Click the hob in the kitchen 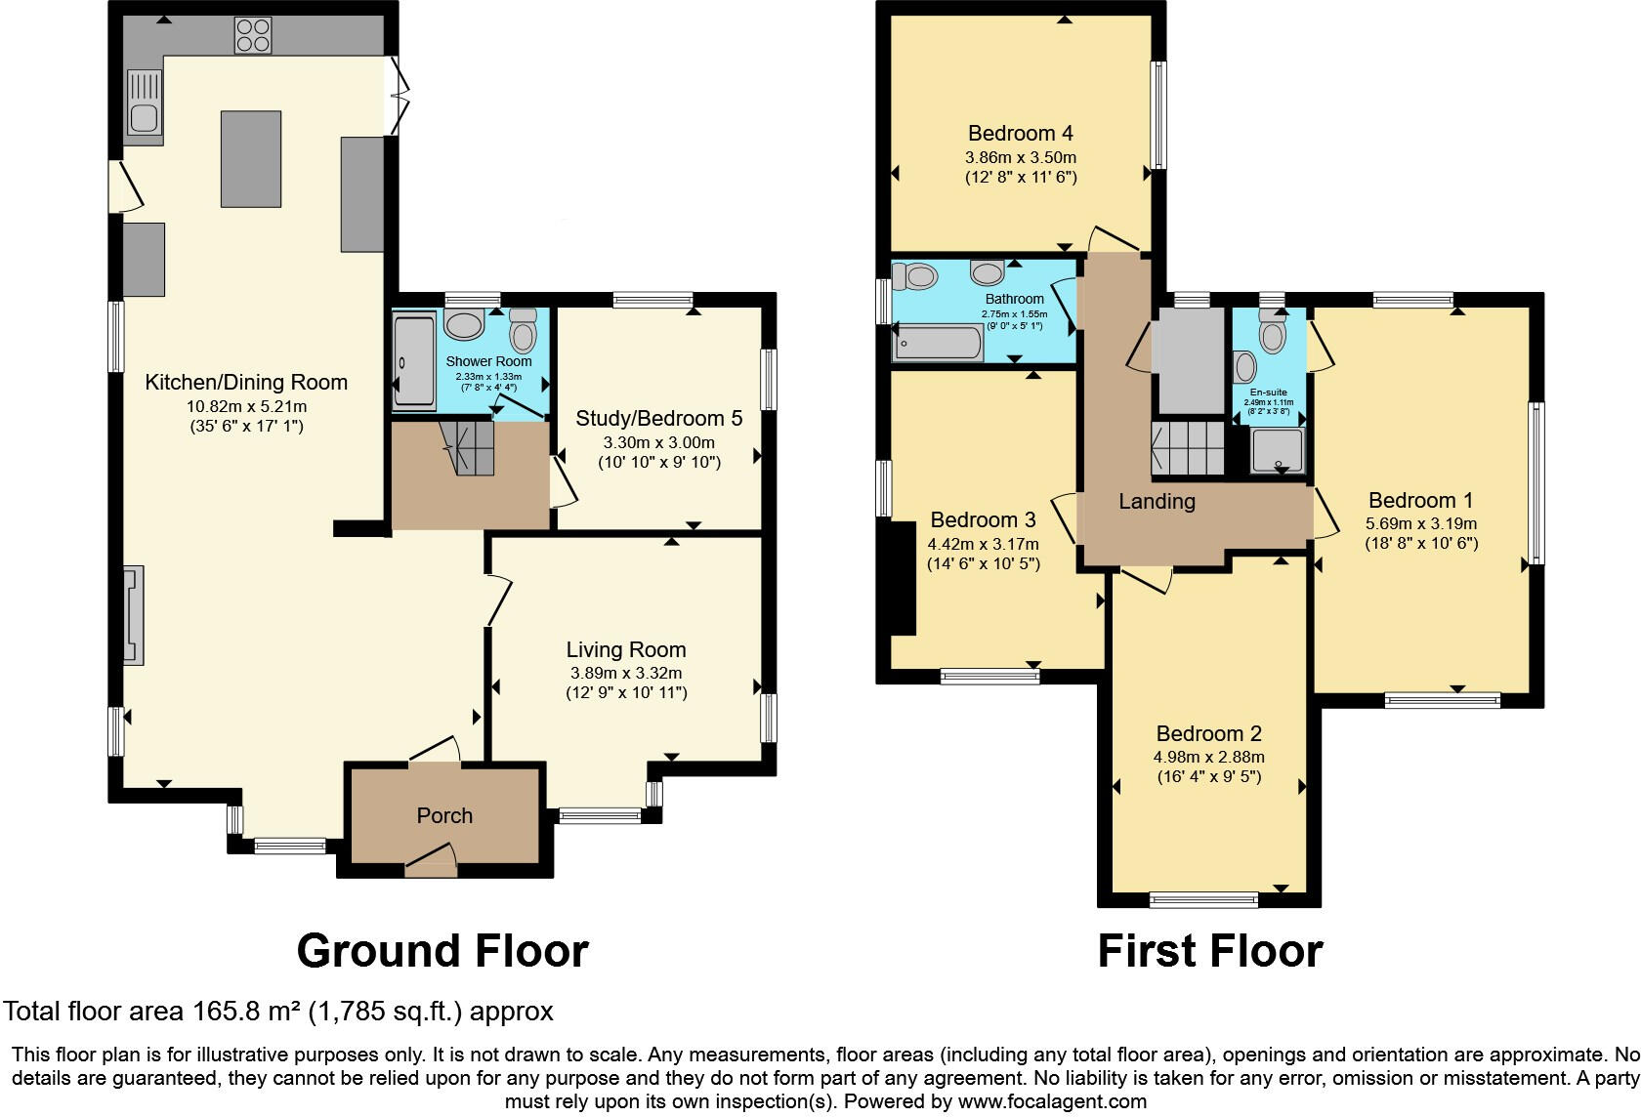pos(252,36)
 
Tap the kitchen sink pos(145,102)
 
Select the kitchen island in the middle pos(251,158)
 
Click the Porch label pos(444,815)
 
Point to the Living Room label pos(626,649)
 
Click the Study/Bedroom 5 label pos(658,419)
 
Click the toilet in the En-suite pos(1271,332)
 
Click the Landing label pos(1157,502)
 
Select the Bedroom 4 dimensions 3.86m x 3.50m pos(1021,157)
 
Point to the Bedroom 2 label pos(1208,733)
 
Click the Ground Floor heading pos(442,950)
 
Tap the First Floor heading pos(1209,950)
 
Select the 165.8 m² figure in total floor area pos(242,1012)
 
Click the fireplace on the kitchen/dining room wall pos(133,616)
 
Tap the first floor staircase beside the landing pos(1186,448)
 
